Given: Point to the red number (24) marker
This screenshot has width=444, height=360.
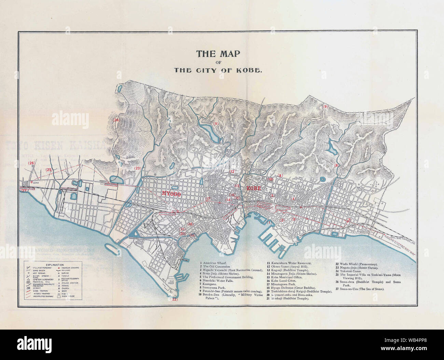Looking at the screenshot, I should pyautogui.click(x=116, y=120).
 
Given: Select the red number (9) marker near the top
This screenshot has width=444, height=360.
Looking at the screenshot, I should pyautogui.click(x=325, y=107).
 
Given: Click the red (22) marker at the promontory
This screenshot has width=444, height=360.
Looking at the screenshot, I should pyautogui.click(x=174, y=299).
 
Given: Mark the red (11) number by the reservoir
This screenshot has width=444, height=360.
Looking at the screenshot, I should pyautogui.click(x=216, y=123).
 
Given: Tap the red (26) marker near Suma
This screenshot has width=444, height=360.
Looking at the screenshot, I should pyautogui.click(x=31, y=163).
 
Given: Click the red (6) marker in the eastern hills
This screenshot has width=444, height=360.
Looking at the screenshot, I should pyautogui.click(x=336, y=165).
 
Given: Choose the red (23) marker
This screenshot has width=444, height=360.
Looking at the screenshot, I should pyautogui.click(x=137, y=168).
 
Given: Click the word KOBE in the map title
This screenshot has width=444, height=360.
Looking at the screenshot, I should pyautogui.click(x=251, y=70).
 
